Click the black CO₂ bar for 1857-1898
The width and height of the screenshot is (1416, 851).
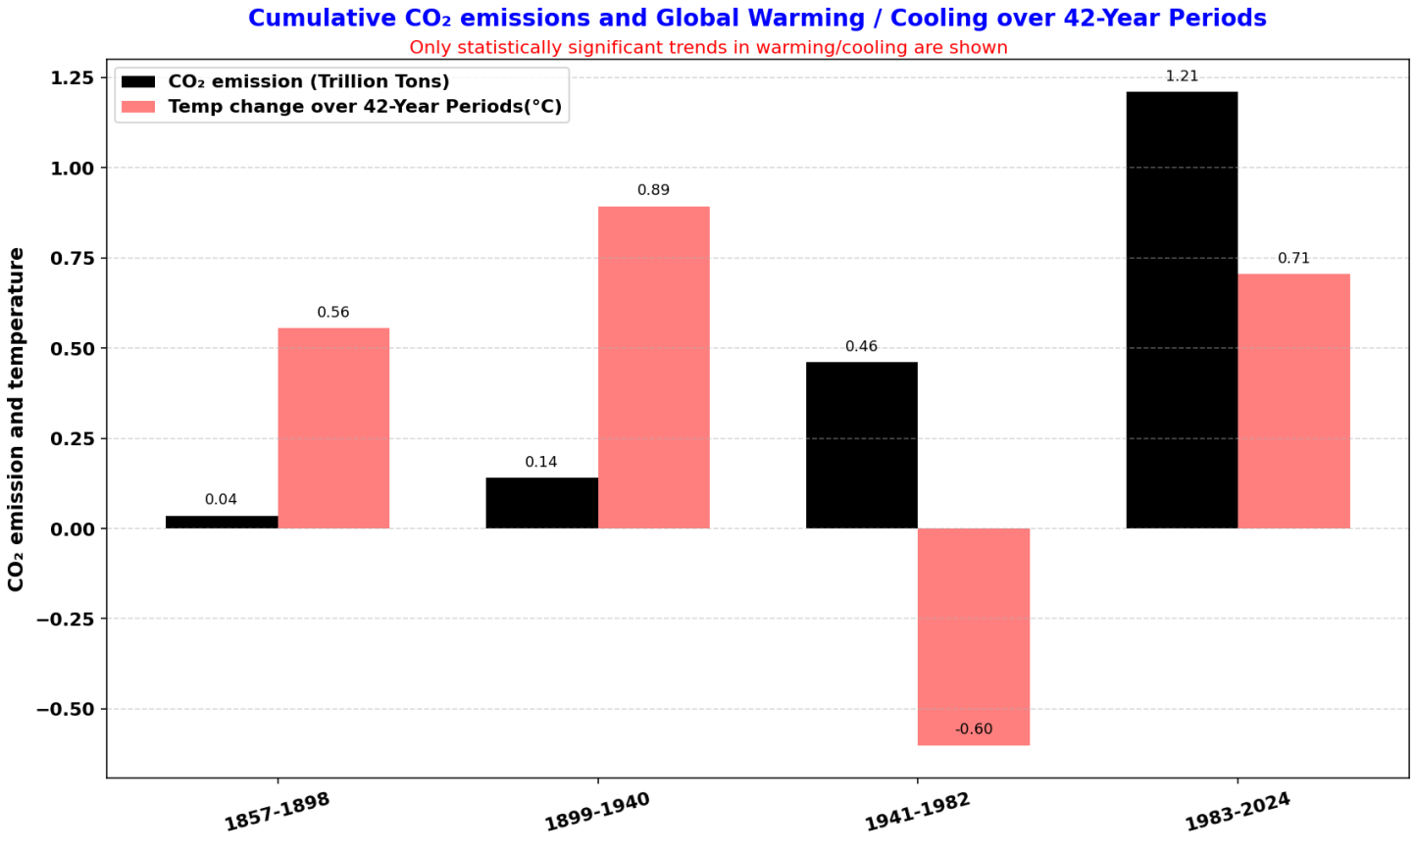222,523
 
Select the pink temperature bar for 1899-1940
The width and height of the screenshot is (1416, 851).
653,368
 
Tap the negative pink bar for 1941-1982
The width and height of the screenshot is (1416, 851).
974,636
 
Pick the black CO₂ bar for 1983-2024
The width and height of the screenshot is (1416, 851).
1182,310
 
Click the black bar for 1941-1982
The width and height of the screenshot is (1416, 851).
862,445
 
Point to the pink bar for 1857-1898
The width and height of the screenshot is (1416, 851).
333,428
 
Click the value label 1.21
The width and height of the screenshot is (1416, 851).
1182,76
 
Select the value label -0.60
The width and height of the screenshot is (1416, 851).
974,729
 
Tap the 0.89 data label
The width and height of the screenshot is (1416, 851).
653,190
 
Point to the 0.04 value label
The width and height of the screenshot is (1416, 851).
221,500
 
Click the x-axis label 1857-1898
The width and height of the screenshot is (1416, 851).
278,812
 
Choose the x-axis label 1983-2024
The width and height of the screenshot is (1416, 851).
1238,812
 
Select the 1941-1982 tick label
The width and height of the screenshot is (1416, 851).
917,812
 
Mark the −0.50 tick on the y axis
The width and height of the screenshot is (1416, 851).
66,709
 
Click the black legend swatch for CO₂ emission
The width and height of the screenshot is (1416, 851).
138,81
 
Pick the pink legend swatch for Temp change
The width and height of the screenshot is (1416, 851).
138,107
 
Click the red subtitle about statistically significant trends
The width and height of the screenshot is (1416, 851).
708,47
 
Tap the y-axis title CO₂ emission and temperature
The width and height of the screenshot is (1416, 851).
17,419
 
